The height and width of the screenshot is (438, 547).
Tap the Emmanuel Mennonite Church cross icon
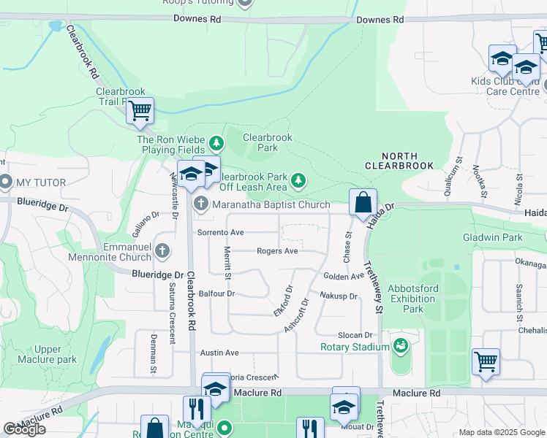(x=162, y=252)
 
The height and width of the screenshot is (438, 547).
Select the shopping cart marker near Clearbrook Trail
(x=139, y=111)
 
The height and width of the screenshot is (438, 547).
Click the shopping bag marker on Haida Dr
(x=363, y=202)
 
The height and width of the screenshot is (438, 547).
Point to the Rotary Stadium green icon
(x=400, y=345)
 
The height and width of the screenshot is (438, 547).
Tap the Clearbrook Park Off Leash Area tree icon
(x=298, y=180)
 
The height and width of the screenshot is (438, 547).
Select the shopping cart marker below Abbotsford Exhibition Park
(x=486, y=361)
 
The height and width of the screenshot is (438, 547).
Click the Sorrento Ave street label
(x=220, y=232)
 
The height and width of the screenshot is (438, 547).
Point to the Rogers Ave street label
(x=277, y=251)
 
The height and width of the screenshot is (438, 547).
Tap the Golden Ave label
(x=344, y=277)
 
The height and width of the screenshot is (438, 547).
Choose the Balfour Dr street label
(x=219, y=293)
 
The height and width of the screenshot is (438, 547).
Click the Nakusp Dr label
(x=338, y=296)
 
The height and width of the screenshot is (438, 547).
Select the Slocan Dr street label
(x=355, y=334)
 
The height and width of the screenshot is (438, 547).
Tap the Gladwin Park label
(x=492, y=238)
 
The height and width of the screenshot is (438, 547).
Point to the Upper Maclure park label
(x=56, y=354)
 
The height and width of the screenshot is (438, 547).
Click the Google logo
(x=24, y=429)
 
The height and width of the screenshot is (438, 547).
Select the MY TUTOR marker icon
(x=6, y=182)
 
